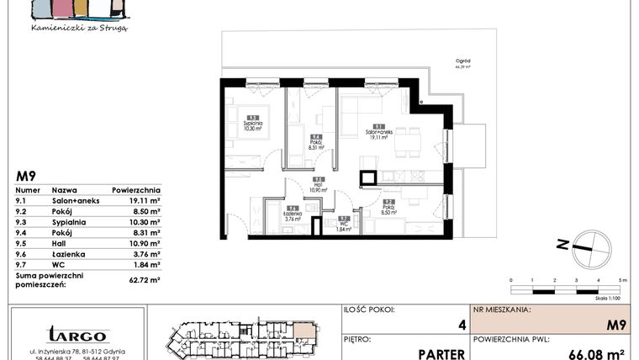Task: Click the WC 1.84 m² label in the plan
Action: [342, 225]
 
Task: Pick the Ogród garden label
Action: [487, 63]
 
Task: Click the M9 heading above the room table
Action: [26, 177]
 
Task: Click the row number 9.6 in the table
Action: [23, 254]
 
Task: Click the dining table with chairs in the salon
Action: [407, 140]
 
